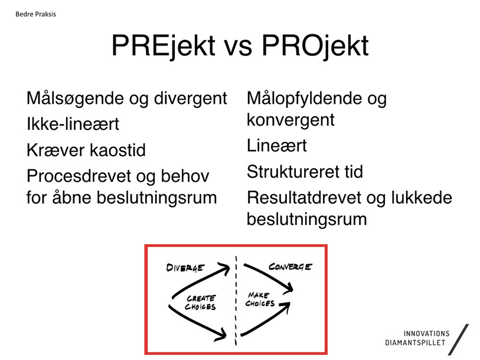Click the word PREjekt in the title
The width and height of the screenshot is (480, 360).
164,46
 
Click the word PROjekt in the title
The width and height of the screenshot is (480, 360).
315,46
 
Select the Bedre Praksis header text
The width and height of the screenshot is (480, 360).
35,14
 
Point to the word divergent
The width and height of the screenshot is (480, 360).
191,99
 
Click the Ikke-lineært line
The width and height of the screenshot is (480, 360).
73,124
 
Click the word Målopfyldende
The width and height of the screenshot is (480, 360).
304,99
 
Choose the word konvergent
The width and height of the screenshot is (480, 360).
290,120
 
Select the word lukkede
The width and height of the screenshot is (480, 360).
422,198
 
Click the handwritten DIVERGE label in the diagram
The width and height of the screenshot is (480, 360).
185,268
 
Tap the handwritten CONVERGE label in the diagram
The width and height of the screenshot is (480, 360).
290,267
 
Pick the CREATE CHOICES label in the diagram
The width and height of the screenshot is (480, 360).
201,302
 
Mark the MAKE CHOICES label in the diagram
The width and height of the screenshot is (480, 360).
260,299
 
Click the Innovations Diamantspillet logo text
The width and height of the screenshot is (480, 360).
417,338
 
